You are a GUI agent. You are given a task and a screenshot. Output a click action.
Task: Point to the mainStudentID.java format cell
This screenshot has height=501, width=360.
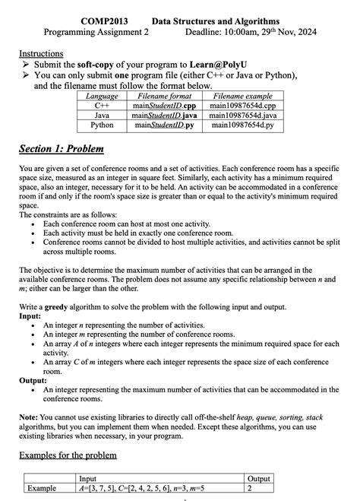pos(164,115)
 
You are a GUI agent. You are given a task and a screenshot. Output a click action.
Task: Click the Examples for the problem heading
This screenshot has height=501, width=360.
pos(68,455)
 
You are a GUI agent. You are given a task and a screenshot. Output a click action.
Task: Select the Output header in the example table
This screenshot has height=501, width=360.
pos(260,477)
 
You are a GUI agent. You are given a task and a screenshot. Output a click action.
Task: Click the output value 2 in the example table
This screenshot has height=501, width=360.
pos(251,487)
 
